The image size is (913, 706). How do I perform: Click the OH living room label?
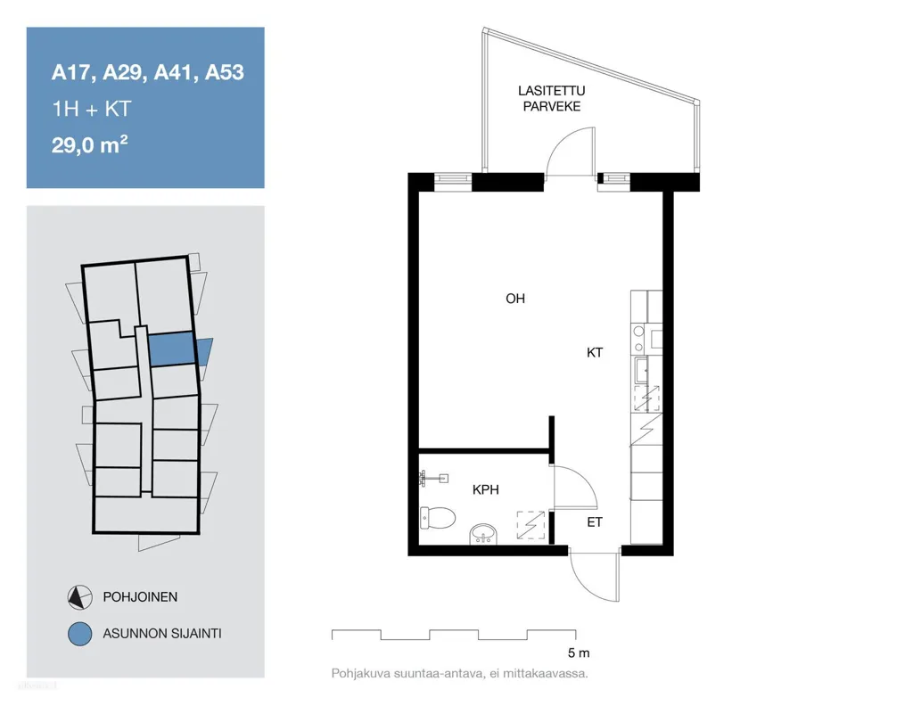pyautogui.click(x=515, y=299)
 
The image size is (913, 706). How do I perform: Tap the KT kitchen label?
pyautogui.click(x=595, y=353)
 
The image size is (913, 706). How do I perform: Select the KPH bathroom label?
pyautogui.click(x=486, y=490)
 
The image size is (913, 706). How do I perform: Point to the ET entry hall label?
pyautogui.click(x=595, y=522)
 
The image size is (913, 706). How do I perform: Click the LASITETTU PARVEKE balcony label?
pyautogui.click(x=551, y=98)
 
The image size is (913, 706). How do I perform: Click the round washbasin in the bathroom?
pyautogui.click(x=483, y=534)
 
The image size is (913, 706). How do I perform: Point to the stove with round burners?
pyautogui.click(x=638, y=339)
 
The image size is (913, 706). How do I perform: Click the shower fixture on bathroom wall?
pyautogui.click(x=433, y=479)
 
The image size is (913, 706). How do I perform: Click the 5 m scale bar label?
pyautogui.click(x=579, y=653)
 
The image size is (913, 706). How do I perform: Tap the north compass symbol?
pyautogui.click(x=79, y=597)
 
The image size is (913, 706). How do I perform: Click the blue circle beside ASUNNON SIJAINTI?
pyautogui.click(x=79, y=634)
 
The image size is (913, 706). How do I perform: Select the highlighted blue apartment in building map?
pyautogui.click(x=171, y=349)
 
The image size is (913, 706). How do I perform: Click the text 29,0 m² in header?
pyautogui.click(x=90, y=144)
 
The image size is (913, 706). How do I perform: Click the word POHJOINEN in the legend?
pyautogui.click(x=140, y=597)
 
